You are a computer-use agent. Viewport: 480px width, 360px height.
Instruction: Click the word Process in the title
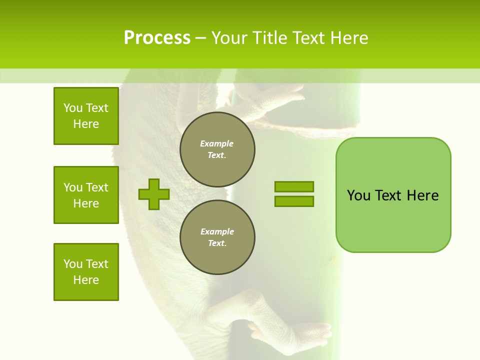coord(157,38)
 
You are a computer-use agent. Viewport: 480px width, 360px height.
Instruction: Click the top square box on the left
coord(86,116)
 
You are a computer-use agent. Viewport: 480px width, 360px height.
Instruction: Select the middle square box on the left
coord(86,195)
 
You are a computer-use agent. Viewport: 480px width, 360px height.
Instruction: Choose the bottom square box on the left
coord(86,272)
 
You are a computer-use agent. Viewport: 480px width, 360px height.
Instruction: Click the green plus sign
coord(154,194)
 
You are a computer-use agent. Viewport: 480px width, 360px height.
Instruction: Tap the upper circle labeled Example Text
coord(217,149)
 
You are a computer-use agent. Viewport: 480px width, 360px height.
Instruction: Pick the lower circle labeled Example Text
coord(217,237)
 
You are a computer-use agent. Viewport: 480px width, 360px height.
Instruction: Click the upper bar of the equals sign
coord(294,186)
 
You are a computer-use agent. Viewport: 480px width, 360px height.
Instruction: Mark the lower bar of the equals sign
coord(294,201)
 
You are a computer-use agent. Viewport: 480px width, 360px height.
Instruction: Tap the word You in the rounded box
coord(358,195)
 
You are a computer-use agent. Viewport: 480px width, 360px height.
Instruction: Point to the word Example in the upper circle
coord(217,143)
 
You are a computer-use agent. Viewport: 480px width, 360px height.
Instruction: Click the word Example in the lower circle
coord(217,231)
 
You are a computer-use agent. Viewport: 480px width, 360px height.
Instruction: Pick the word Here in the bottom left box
coord(86,280)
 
